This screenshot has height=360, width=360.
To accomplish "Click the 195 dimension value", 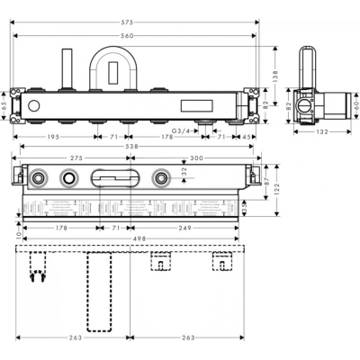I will (55, 138).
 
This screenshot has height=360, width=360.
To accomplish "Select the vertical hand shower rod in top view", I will (67, 67).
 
